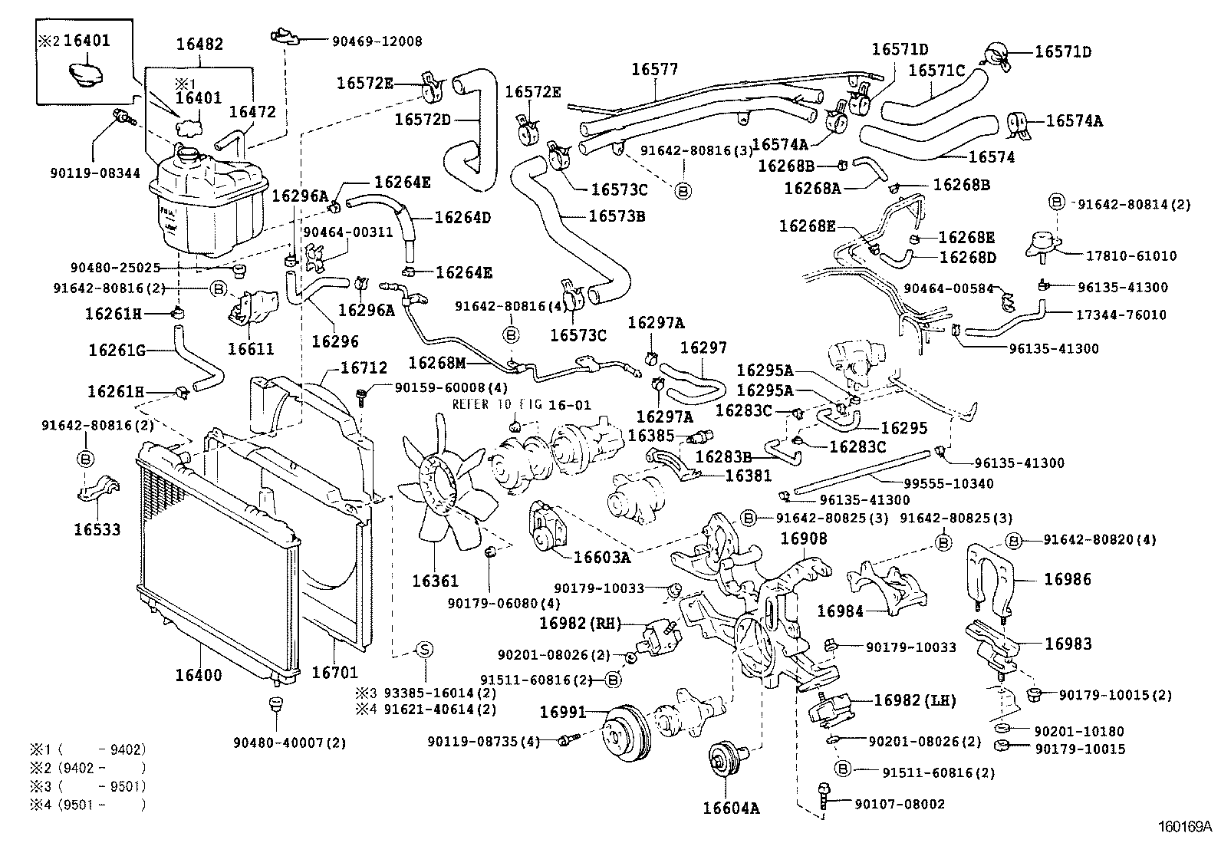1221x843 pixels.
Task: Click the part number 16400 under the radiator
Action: pos(199,675)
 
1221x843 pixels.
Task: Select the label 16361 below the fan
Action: pos(435,581)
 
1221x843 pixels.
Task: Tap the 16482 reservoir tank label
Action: pos(199,44)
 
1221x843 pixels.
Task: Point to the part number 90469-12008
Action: pos(377,41)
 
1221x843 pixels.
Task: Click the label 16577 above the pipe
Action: pos(655,69)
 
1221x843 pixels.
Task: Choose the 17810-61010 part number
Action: pos(1131,255)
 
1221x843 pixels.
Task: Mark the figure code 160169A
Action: pos(1184,827)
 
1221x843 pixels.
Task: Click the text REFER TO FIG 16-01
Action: pos(522,404)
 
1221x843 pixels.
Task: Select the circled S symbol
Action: pos(424,650)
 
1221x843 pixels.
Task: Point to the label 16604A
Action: pos(730,808)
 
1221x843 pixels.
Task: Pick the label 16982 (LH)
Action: pos(915,700)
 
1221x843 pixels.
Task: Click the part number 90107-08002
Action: pos(900,805)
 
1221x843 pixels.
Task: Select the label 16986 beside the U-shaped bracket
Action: pos(1068,579)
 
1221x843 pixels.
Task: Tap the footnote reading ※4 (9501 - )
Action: pos(87,805)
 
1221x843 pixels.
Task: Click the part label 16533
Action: pos(97,529)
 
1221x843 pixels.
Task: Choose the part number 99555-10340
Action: pos(949,484)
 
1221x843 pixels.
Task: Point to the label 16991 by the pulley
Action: pos(562,712)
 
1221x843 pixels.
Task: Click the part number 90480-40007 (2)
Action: pos(289,743)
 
